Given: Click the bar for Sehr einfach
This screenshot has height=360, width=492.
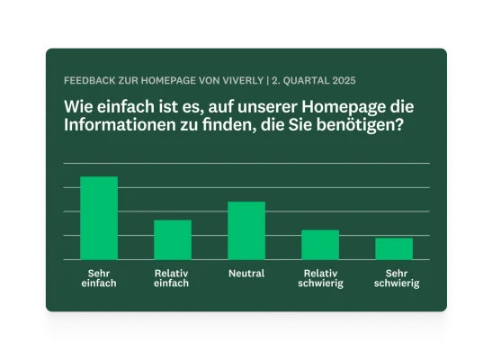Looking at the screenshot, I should [x=99, y=218].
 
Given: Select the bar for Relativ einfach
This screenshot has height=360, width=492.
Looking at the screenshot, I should [x=173, y=239].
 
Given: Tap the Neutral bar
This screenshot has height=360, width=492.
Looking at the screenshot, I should [x=246, y=230].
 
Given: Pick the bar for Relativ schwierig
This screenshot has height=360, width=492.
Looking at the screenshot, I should [x=319, y=245].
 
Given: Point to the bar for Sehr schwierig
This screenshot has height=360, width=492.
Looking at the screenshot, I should [x=393, y=248].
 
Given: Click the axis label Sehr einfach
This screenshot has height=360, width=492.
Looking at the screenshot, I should [x=99, y=278].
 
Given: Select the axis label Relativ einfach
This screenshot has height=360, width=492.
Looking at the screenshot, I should [x=172, y=278].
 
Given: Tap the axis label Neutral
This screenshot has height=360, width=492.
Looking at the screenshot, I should [x=246, y=274].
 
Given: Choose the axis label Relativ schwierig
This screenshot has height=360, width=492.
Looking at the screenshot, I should [x=320, y=278].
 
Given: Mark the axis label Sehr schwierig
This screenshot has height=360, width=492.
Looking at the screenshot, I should [x=394, y=278].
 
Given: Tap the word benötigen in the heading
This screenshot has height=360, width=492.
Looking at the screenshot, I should [x=362, y=127].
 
